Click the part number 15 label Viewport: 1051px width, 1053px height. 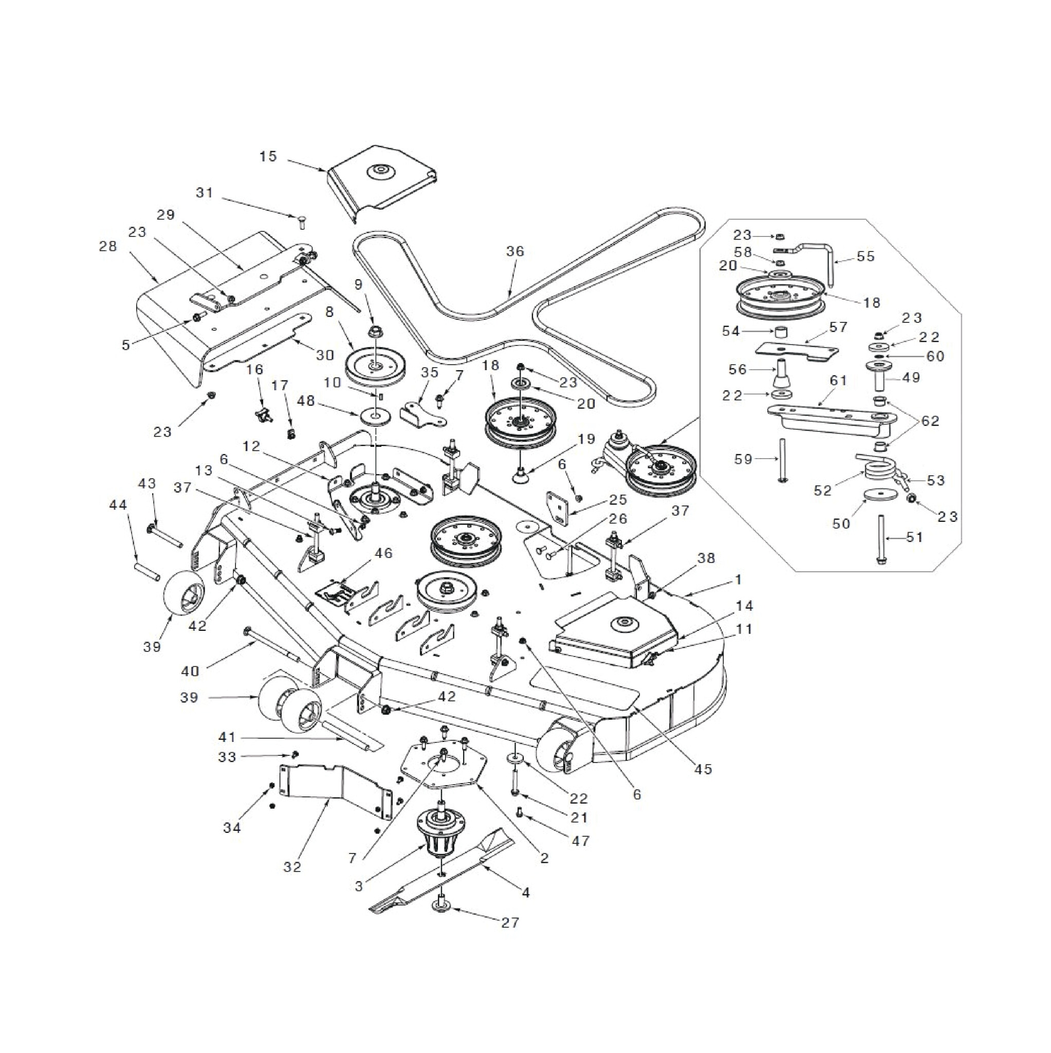(x=268, y=156)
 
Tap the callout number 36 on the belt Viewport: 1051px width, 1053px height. (x=515, y=251)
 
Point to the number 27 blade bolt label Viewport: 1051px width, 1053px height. (x=510, y=923)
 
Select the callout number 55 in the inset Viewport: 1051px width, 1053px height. (x=865, y=256)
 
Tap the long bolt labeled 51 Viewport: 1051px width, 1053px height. (x=881, y=551)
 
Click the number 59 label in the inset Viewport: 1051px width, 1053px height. (x=743, y=459)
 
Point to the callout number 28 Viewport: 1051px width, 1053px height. (x=108, y=246)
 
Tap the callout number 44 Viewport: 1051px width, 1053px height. (x=118, y=505)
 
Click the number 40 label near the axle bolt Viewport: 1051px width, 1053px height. (x=190, y=671)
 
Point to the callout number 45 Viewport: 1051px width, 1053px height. (x=704, y=769)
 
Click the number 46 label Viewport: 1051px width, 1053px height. (x=383, y=554)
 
